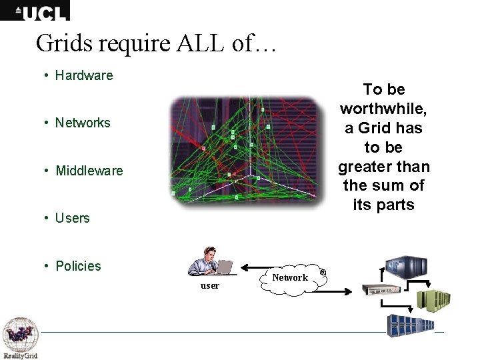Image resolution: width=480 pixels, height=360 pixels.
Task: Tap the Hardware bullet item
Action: (84, 75)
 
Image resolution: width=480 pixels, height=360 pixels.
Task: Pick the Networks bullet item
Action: (83, 123)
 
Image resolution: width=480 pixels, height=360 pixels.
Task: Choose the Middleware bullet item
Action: (89, 171)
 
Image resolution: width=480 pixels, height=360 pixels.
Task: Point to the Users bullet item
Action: (72, 218)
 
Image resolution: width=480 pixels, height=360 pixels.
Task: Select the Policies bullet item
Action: (78, 266)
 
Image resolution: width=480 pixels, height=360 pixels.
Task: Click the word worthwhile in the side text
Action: (384, 108)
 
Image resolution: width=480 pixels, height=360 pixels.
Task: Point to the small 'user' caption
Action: (210, 285)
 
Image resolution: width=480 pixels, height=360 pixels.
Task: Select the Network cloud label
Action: (290, 277)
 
